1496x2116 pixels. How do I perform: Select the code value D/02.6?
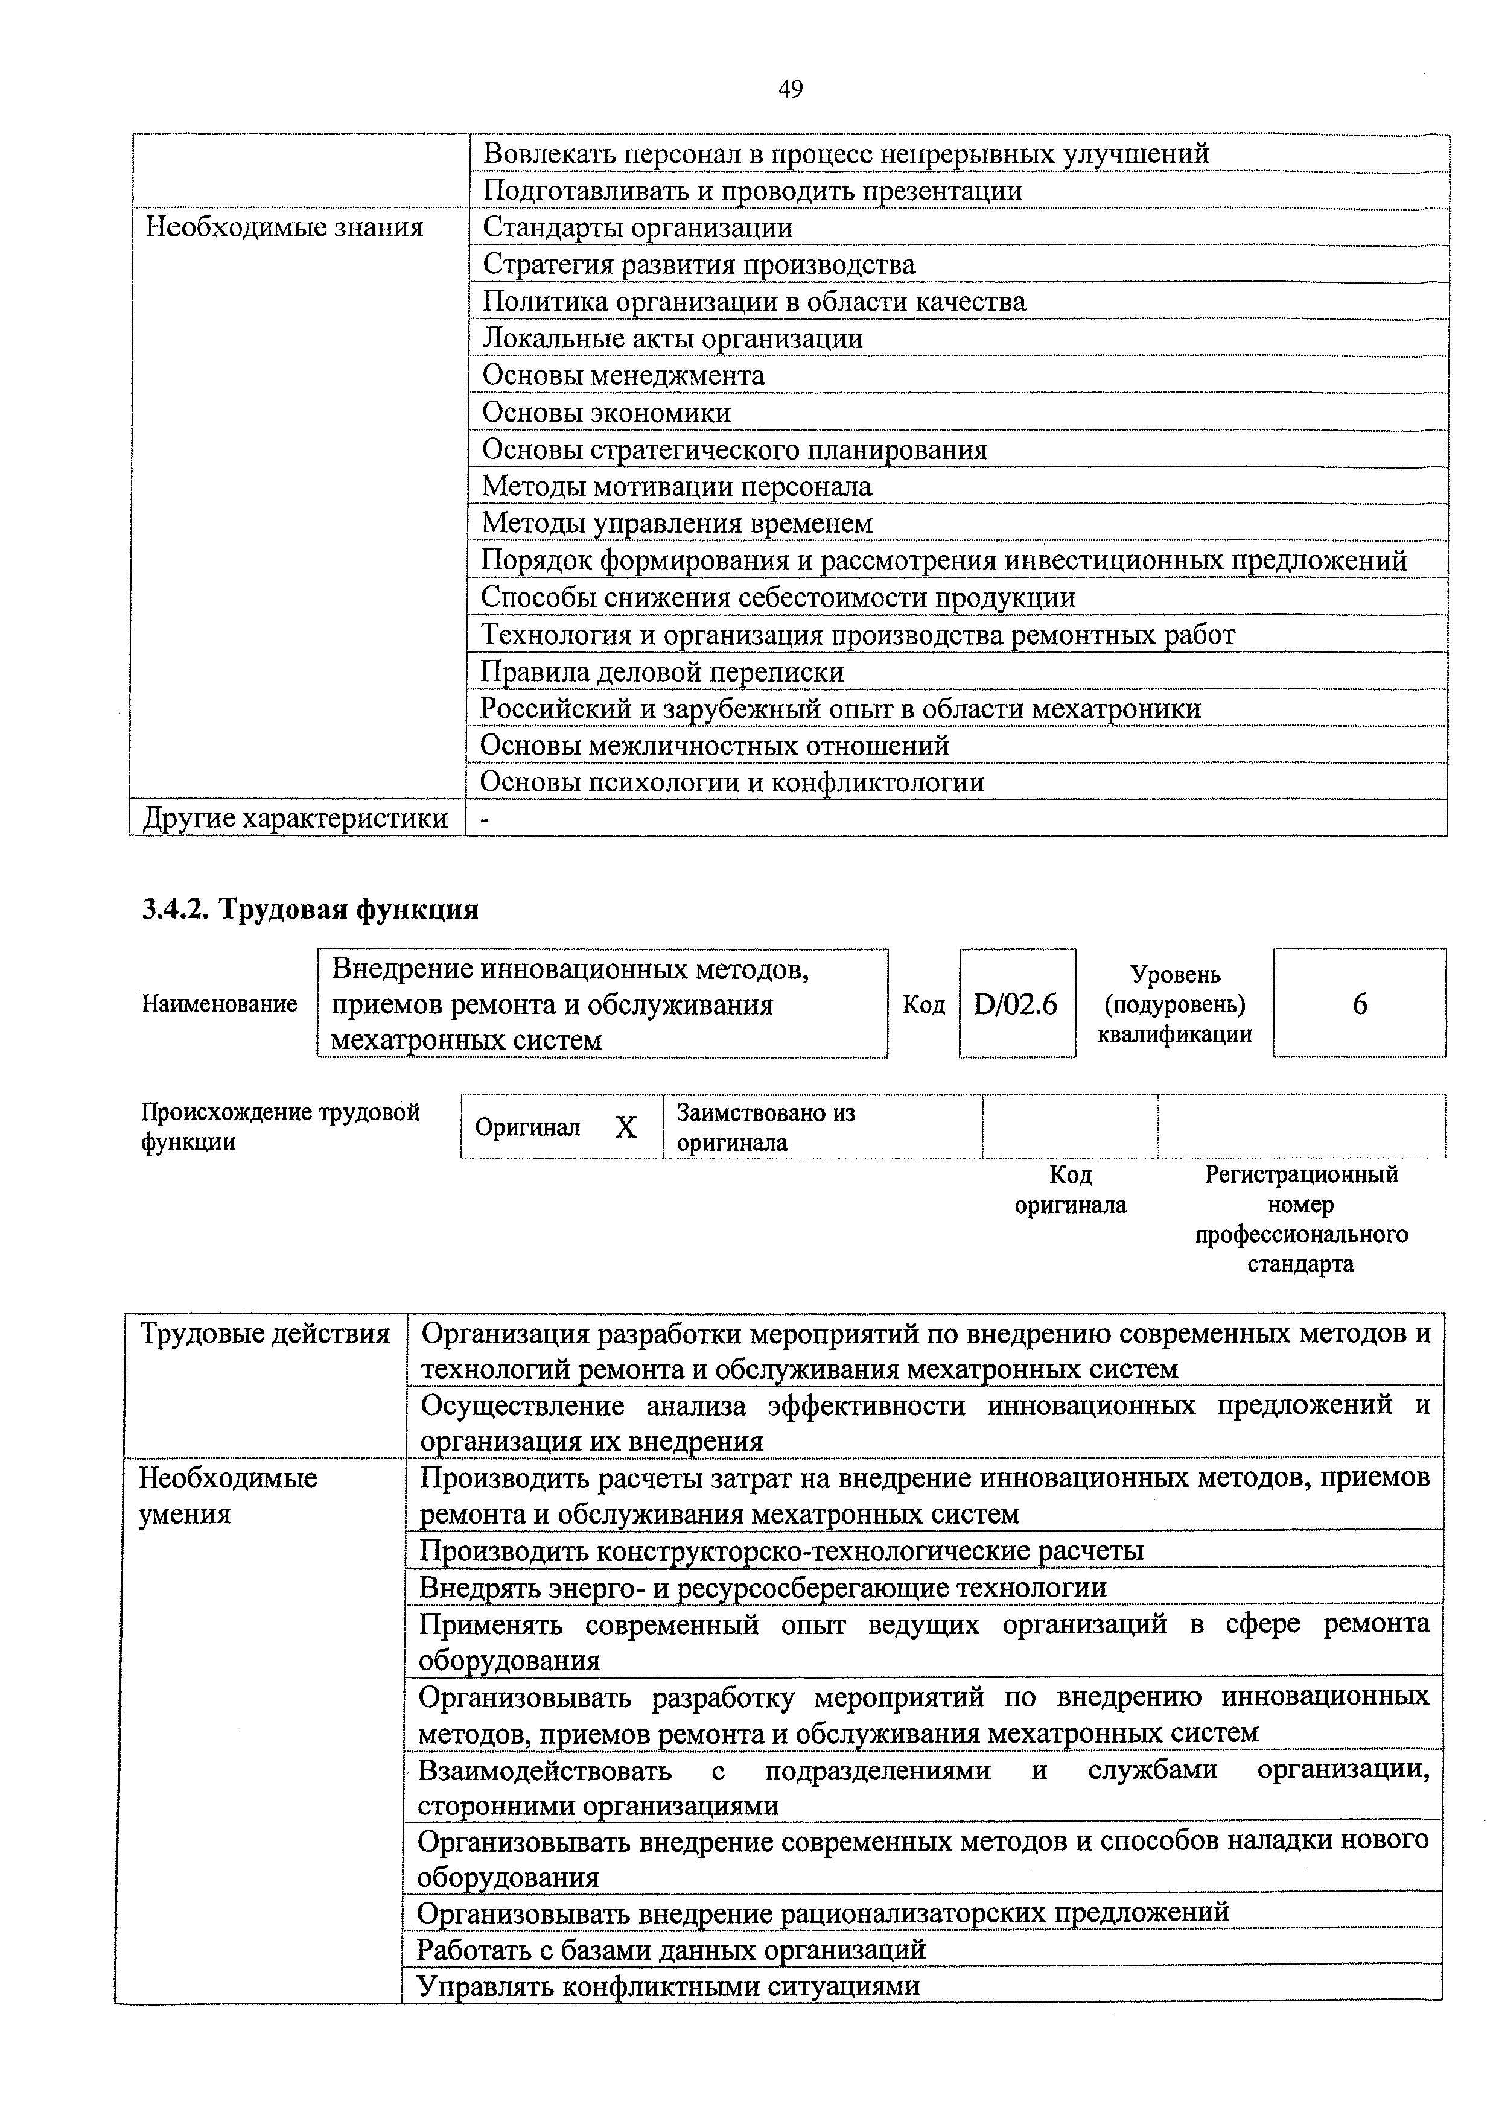(1015, 1004)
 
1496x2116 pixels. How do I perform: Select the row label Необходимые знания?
(285, 227)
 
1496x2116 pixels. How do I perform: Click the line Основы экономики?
(606, 413)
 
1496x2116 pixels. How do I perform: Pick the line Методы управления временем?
(676, 524)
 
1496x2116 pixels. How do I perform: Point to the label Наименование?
(220, 1004)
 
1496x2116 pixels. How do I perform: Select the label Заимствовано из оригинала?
(765, 1127)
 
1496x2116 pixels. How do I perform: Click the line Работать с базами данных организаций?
(671, 1949)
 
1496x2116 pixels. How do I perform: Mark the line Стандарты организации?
(637, 227)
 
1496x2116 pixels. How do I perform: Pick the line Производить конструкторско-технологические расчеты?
(781, 1551)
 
